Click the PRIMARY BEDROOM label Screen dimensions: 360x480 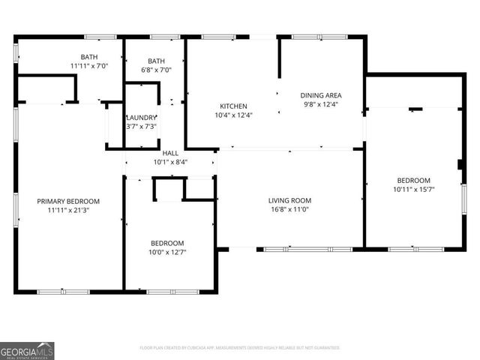(69, 201)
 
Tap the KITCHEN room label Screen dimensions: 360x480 (233, 106)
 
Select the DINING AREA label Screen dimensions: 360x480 (321, 95)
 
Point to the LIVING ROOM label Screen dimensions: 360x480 (290, 200)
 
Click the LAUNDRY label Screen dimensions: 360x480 (141, 118)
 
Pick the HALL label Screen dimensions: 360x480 (170, 153)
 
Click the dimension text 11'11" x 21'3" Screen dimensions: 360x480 (69, 211)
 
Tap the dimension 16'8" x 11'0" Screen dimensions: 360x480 (290, 210)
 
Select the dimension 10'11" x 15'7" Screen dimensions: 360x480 (413, 190)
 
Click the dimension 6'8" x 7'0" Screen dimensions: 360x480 (156, 70)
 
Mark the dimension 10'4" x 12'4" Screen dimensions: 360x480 (233, 115)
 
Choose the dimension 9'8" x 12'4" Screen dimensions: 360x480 (321, 105)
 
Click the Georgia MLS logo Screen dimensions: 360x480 (27, 350)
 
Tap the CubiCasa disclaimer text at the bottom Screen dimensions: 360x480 (240, 347)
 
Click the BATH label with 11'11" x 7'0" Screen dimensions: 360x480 (89, 57)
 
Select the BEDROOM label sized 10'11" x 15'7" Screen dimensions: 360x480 (413, 180)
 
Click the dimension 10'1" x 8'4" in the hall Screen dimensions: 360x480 (170, 162)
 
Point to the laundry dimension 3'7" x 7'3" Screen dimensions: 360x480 (141, 127)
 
